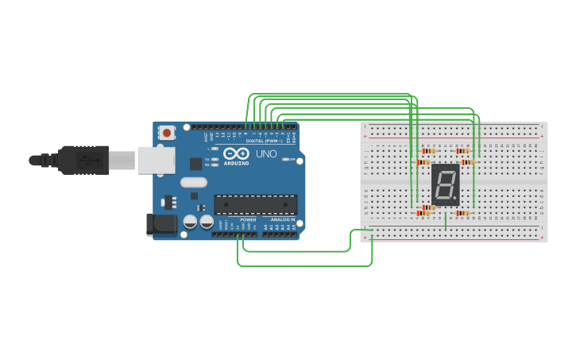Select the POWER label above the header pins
pyautogui.click(x=248, y=219)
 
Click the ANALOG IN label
pyautogui.click(x=282, y=219)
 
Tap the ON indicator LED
pyautogui.click(x=284, y=160)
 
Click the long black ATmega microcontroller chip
pyautogui.click(x=255, y=204)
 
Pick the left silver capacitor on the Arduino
pyautogui.click(x=191, y=223)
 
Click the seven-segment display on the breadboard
pyautogui.click(x=446, y=185)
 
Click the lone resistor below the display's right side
pyautogui.click(x=462, y=213)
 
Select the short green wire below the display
pyautogui.click(x=446, y=222)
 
